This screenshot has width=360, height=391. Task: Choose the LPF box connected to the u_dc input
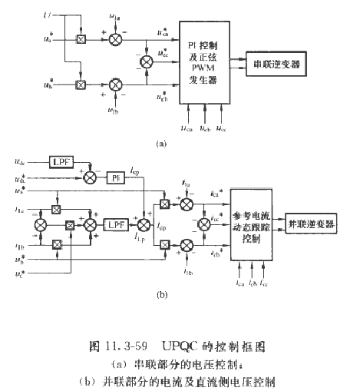click(61, 162)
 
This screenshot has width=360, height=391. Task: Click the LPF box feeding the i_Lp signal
click(117, 224)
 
